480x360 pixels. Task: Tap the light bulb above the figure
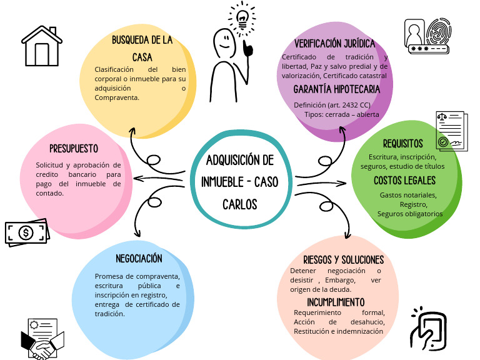241,17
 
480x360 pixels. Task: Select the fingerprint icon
439,32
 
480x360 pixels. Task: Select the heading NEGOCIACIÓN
139,258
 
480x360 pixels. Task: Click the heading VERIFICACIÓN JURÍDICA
335,44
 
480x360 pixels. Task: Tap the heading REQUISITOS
402,143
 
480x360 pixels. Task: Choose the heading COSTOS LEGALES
405,181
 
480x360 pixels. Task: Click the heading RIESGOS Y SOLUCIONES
343,259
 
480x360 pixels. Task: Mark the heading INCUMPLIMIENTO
335,302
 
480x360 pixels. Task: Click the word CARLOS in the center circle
239,204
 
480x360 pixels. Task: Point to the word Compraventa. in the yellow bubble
117,97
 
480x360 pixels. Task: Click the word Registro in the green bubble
412,204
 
